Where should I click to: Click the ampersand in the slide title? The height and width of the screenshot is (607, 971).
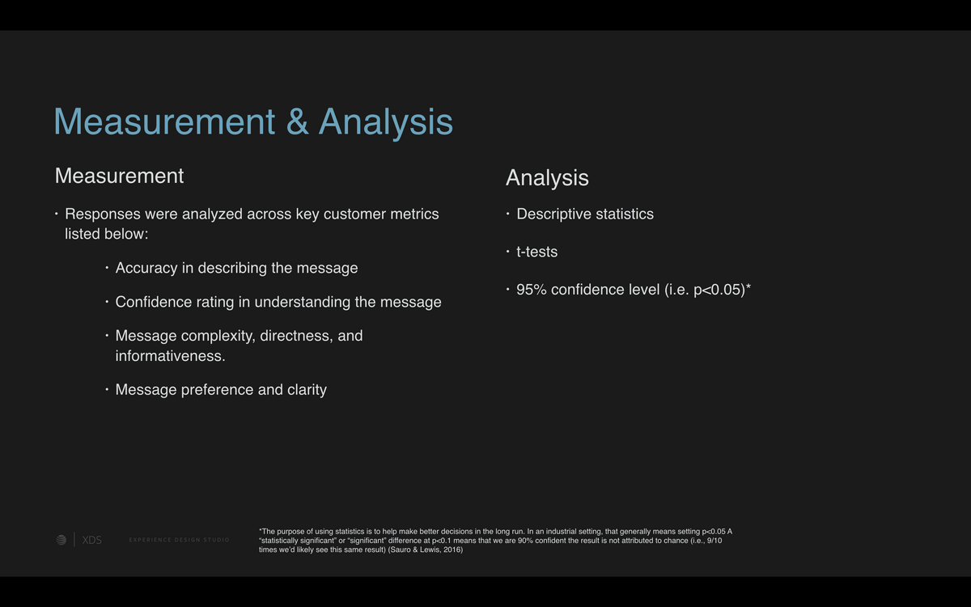tap(298, 122)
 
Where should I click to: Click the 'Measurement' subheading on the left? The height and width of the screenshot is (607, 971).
tap(119, 176)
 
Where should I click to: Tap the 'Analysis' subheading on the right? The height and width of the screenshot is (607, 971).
tap(547, 179)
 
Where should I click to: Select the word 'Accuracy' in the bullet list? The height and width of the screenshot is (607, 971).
tap(146, 269)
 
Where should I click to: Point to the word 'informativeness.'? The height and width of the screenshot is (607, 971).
tap(171, 356)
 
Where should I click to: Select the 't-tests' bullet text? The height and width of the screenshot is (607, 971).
tap(536, 252)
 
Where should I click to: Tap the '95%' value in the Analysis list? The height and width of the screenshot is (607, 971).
tap(532, 290)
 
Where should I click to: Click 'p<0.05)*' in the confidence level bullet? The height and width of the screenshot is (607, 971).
tap(722, 290)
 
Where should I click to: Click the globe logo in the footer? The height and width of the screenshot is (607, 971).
tap(61, 540)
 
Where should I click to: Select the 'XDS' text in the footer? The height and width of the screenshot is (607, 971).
tap(92, 541)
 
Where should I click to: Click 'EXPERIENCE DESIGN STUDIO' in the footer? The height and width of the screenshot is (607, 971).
tap(179, 540)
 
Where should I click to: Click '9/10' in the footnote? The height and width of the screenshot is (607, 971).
tap(714, 541)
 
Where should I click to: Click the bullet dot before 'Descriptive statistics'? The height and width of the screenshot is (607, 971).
tap(507, 214)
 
